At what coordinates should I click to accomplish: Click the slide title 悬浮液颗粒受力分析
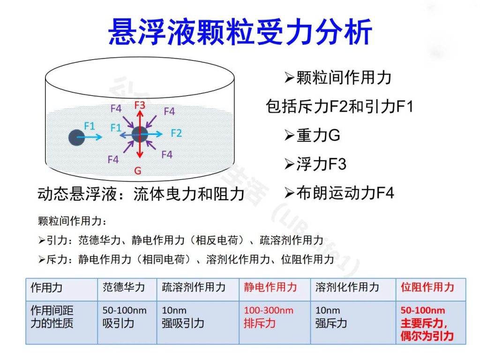[240, 32]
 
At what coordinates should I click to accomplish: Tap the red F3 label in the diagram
[140, 105]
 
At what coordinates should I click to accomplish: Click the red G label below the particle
[138, 171]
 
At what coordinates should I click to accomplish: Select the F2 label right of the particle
[176, 133]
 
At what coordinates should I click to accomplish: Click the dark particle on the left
[76, 137]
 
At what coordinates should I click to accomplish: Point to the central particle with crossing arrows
[140, 134]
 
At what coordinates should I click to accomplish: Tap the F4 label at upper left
[116, 108]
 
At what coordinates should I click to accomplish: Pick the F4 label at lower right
[167, 154]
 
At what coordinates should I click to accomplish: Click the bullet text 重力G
[318, 135]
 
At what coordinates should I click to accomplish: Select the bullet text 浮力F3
[321, 164]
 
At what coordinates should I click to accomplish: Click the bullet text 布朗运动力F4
[345, 193]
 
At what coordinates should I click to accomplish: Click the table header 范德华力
[124, 287]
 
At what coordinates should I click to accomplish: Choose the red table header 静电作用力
[270, 287]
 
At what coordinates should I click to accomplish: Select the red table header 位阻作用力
[427, 287]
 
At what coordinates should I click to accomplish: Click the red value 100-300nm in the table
[269, 310]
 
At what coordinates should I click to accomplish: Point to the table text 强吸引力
[183, 323]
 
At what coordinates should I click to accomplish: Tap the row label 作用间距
[52, 310]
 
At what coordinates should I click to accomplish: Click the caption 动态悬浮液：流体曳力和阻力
[141, 194]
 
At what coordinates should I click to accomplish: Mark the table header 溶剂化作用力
[347, 287]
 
